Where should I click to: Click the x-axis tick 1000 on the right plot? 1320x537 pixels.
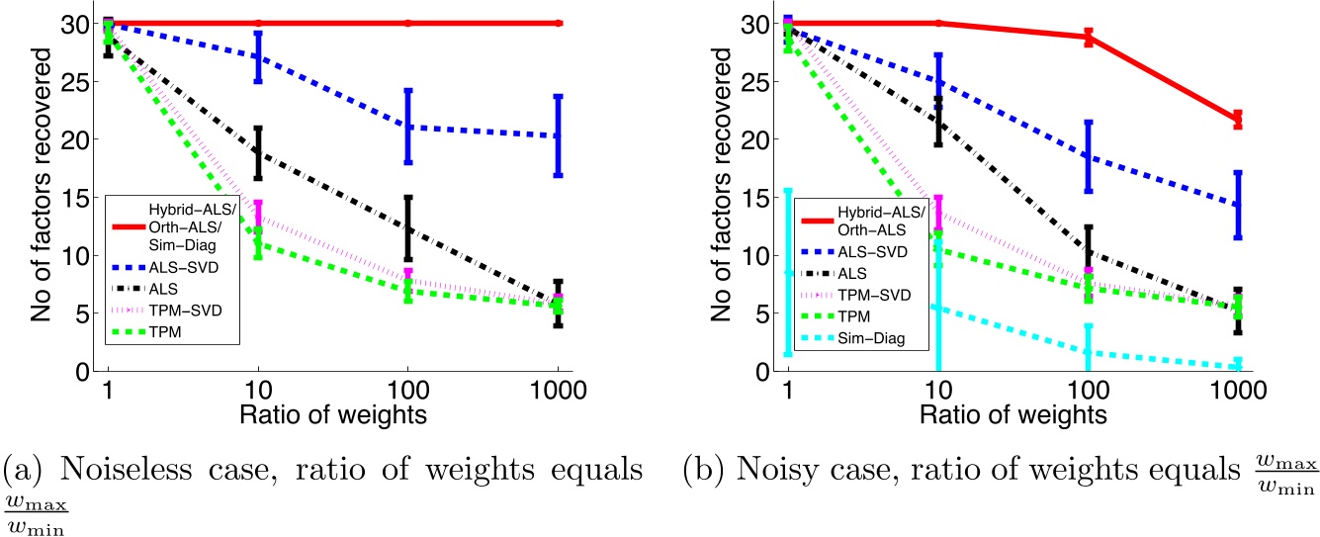pyautogui.click(x=1236, y=389)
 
